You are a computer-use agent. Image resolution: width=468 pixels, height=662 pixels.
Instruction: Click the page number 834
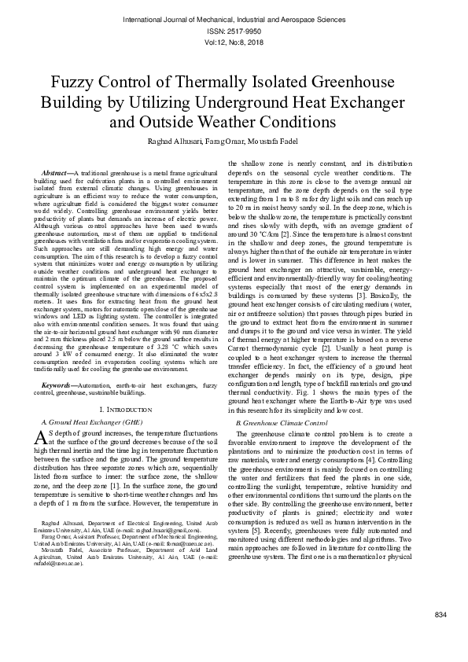[440, 636]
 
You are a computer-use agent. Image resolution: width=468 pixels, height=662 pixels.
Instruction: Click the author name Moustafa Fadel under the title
[297, 141]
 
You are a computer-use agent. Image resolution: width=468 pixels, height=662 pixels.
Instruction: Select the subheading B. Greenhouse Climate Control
[282, 423]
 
